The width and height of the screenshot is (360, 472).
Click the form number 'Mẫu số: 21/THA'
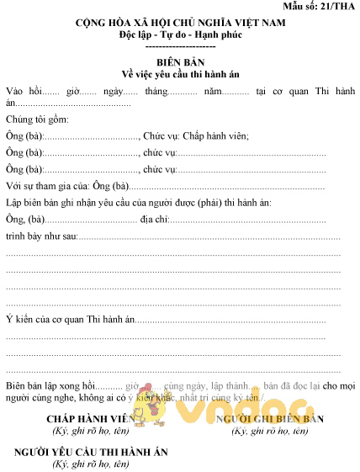320,7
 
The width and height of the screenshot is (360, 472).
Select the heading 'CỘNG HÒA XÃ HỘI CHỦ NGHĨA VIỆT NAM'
180,23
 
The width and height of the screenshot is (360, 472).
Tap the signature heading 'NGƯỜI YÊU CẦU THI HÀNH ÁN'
91,452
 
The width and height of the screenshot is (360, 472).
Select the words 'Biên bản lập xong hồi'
52,384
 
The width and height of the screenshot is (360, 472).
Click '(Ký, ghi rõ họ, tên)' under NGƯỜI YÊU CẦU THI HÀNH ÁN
91,464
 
